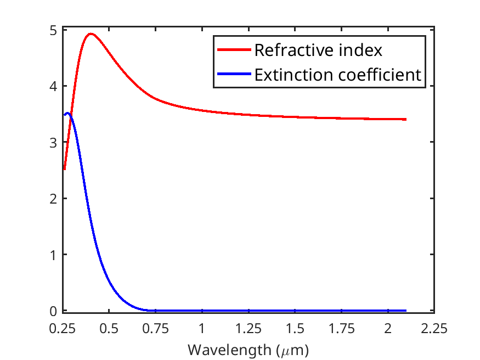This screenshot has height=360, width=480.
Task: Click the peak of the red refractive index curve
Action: point(91,33)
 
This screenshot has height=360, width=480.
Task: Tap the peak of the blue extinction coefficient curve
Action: point(67,113)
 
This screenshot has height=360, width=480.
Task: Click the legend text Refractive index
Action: point(318,50)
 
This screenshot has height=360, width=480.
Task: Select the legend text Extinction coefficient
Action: point(337,75)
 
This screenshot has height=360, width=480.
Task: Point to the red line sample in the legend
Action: point(235,50)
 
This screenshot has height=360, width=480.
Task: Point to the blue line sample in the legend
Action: point(235,75)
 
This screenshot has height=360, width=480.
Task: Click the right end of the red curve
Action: point(406,119)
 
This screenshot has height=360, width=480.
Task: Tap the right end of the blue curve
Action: point(406,311)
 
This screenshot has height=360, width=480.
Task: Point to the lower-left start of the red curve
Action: point(64,170)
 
